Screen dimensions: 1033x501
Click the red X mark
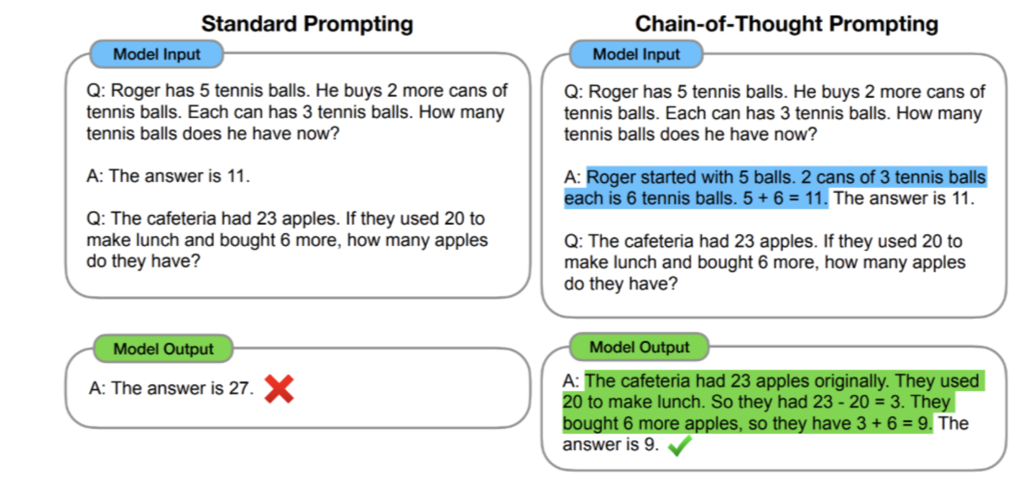pos(279,389)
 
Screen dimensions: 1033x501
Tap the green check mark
pos(680,446)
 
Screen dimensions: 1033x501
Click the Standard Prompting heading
pos(307,24)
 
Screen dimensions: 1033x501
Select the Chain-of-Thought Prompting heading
pos(786,24)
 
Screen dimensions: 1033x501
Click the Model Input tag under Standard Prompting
pos(157,54)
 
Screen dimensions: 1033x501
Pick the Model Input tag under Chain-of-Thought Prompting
pos(636,54)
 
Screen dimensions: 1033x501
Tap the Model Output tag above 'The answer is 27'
pos(163,349)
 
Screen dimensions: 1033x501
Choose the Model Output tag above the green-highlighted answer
pos(639,347)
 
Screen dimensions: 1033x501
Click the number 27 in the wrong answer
pos(239,388)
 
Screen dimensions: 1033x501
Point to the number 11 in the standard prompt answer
pos(238,176)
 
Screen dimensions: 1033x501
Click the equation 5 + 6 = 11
pos(784,198)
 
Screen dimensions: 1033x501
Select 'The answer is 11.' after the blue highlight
pos(904,198)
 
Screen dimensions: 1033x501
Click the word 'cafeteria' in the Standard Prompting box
pos(181,219)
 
